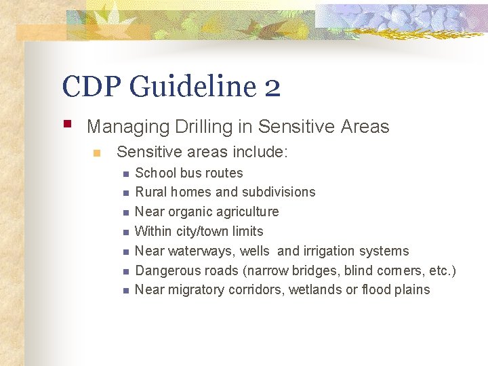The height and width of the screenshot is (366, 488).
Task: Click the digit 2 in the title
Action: point(272,87)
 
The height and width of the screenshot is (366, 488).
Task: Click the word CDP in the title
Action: point(90,87)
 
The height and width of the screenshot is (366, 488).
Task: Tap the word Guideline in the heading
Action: point(192,87)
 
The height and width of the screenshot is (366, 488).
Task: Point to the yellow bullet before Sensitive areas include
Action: point(97,153)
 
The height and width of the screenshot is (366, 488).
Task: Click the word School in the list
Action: point(156,174)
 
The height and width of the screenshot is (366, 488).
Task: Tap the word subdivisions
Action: point(279,192)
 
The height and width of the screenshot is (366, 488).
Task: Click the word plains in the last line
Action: point(413,290)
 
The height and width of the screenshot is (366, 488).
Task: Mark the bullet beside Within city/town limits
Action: point(125,232)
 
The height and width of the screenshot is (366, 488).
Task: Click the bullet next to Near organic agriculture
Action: point(125,213)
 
